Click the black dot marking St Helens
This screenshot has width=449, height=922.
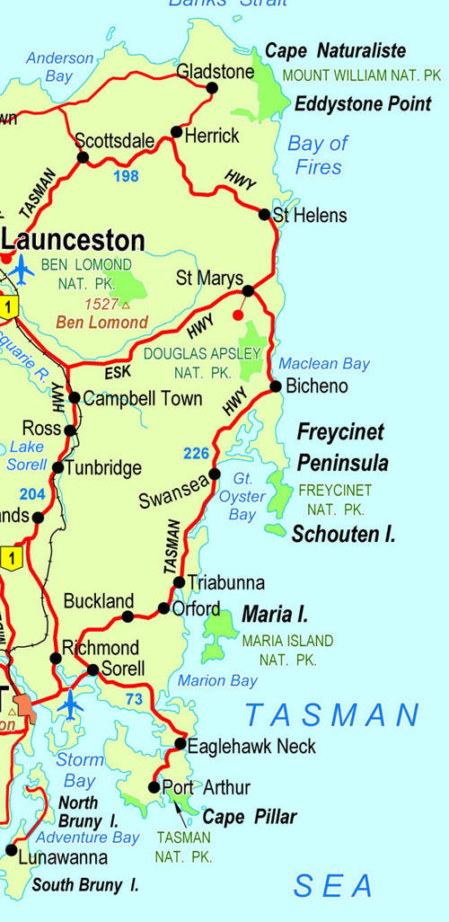pyautogui.click(x=264, y=214)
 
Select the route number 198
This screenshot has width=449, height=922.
pyautogui.click(x=126, y=176)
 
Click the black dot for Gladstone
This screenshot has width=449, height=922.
pyautogui.click(x=213, y=87)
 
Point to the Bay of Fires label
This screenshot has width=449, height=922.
pyautogui.click(x=317, y=155)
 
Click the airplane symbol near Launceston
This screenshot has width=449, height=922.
pyautogui.click(x=22, y=268)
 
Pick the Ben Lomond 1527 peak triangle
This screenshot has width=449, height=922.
pyautogui.click(x=125, y=306)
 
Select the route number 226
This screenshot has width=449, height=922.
pyautogui.click(x=197, y=454)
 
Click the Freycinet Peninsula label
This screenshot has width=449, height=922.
pyautogui.click(x=341, y=448)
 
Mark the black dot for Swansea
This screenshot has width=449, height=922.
pyautogui.click(x=215, y=474)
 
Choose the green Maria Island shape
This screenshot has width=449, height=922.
pyautogui.click(x=218, y=634)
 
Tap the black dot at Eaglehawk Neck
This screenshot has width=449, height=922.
pyautogui.click(x=180, y=744)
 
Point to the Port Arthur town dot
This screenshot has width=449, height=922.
pyautogui.click(x=154, y=787)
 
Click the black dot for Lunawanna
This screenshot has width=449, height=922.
pyautogui.click(x=11, y=849)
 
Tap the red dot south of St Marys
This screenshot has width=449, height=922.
pyautogui.click(x=237, y=315)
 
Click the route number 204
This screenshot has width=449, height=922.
pyautogui.click(x=31, y=493)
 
